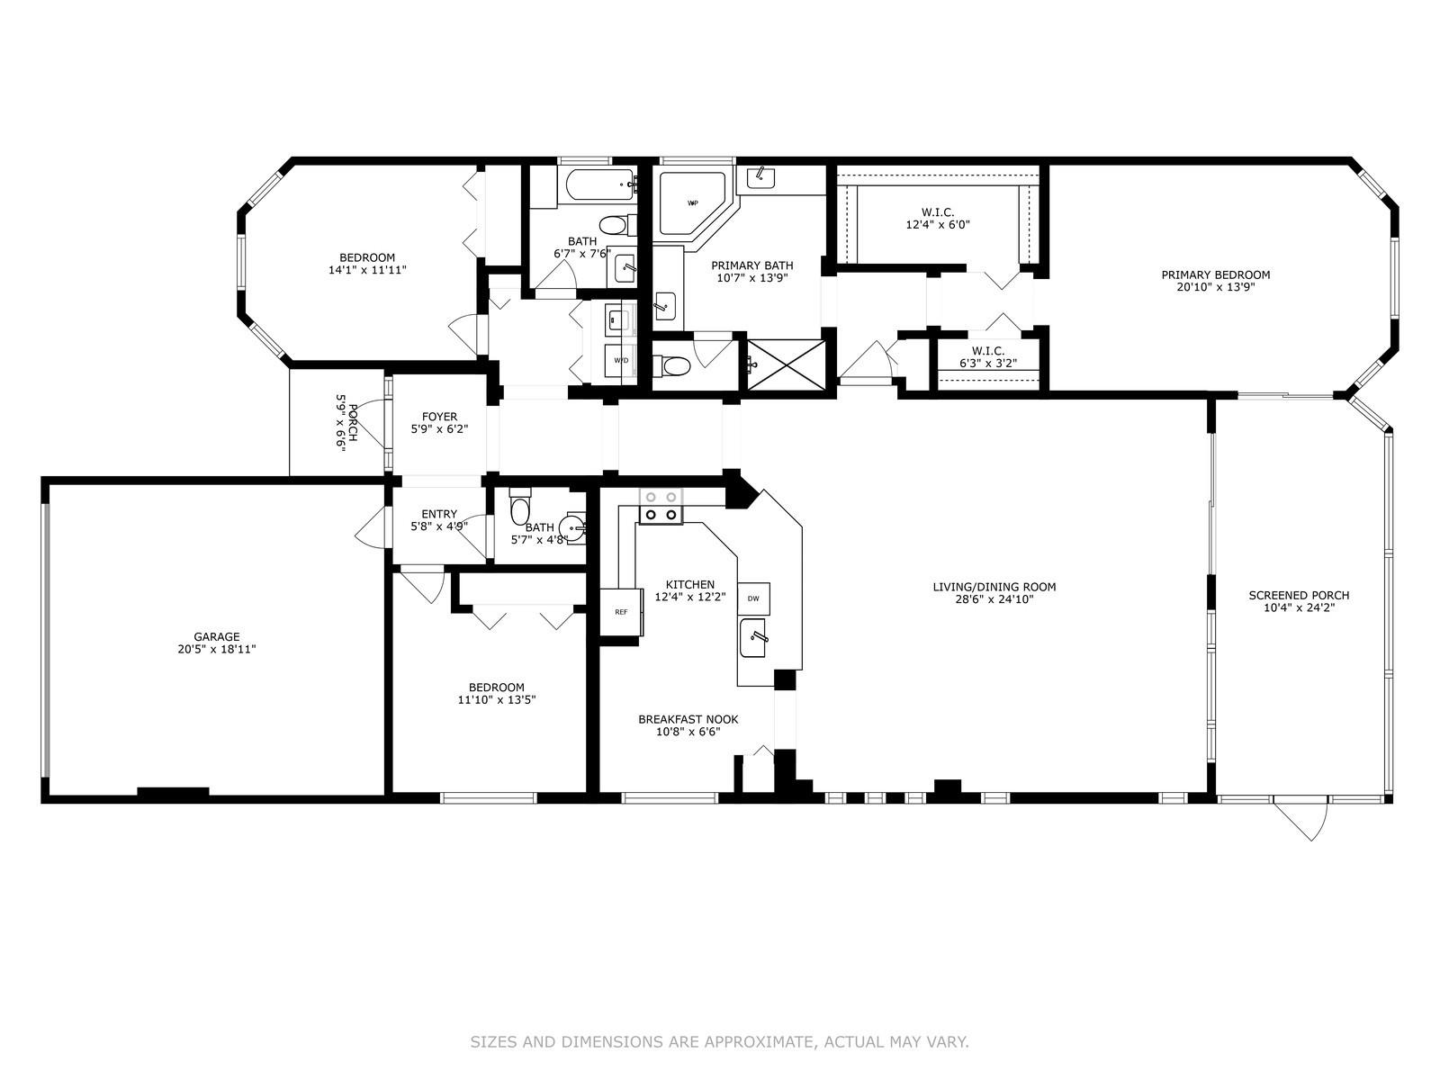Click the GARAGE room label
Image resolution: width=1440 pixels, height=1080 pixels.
pos(217,636)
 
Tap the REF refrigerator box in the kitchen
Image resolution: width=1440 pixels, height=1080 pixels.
pos(621,612)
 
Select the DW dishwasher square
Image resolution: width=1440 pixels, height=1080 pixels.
pos(753,598)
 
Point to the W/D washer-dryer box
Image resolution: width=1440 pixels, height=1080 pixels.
pos(620,361)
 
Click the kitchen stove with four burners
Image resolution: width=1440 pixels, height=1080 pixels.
pos(661,506)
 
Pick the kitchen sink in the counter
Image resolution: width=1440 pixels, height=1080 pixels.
pos(753,637)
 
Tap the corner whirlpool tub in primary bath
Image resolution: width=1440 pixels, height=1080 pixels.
pos(692,203)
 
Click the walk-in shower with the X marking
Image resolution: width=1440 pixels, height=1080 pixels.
pos(786,364)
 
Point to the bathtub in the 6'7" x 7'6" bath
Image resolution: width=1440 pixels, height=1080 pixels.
pos(599,184)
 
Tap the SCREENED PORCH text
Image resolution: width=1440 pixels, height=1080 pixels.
pos(1299,596)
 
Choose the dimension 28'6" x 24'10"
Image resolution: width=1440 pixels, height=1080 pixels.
pos(994,598)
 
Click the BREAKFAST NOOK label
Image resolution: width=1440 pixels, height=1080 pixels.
pos(688,719)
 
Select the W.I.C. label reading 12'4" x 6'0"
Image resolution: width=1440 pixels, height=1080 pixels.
pos(938,219)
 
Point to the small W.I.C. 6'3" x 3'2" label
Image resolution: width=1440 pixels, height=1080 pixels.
pos(988,356)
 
